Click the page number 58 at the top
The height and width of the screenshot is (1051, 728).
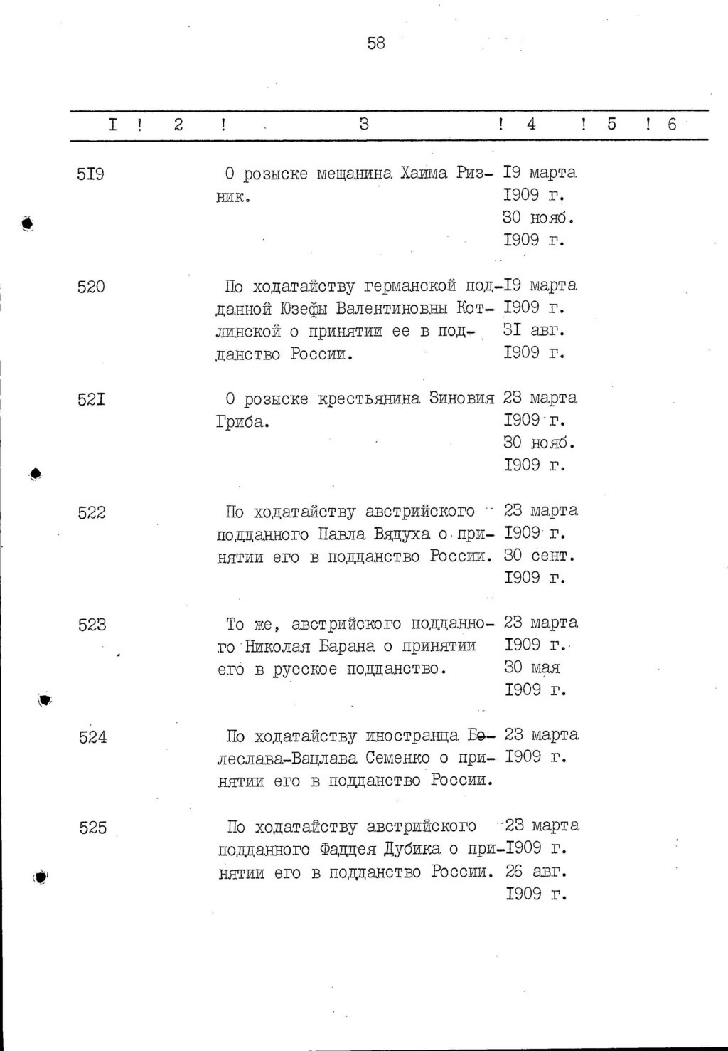pos(376,44)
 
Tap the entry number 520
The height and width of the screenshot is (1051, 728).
pos(91,287)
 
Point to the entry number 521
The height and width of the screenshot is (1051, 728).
pos(91,399)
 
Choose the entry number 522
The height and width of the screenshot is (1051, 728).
pos(92,512)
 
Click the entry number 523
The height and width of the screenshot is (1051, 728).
pos(92,625)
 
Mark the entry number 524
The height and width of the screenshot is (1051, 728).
pos(93,737)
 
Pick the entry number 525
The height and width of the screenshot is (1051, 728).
pos(93,828)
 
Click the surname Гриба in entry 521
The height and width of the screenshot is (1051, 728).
pos(242,422)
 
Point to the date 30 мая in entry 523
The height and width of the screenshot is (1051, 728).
pos(532,668)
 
